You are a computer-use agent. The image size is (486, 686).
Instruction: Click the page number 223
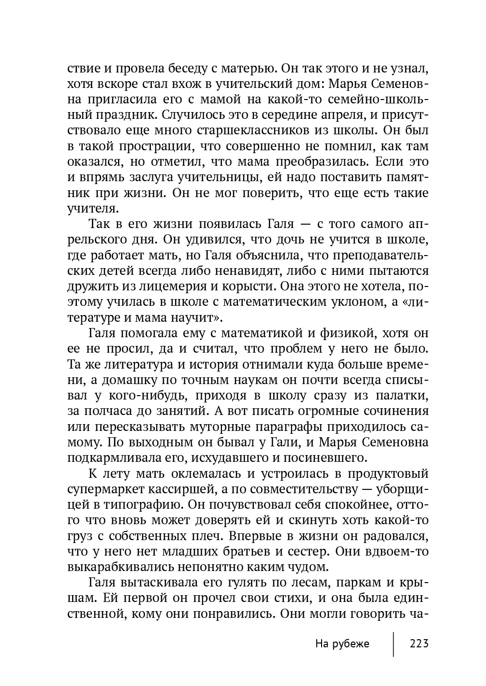419,643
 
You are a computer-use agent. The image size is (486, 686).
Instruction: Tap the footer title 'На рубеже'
342,643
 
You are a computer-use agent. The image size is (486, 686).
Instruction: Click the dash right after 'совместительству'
367,489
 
